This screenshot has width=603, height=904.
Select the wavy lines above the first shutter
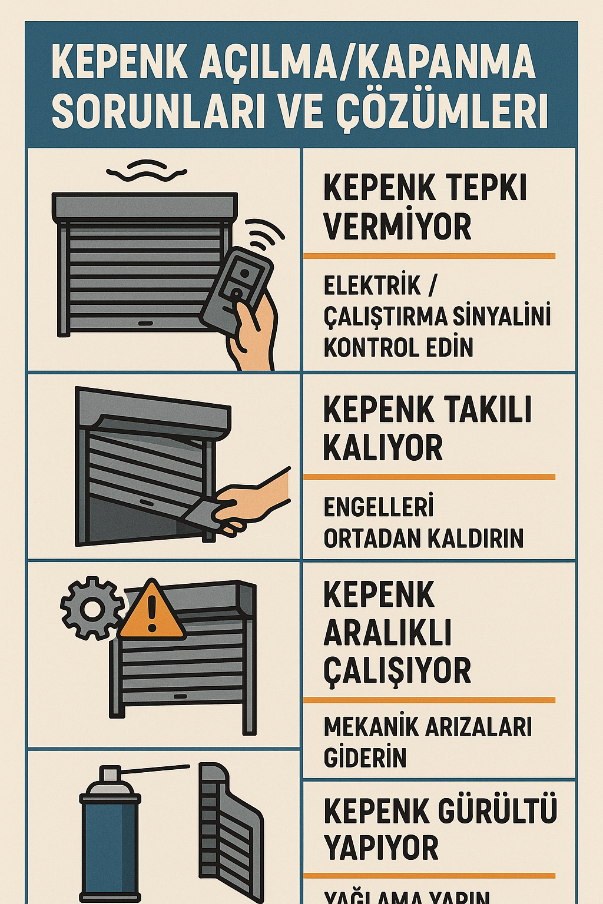(x=147, y=170)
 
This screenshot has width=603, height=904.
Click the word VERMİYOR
(x=397, y=227)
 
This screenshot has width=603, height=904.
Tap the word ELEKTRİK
(x=372, y=286)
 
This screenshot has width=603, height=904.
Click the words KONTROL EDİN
(x=399, y=347)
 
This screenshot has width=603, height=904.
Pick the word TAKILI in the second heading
(x=486, y=410)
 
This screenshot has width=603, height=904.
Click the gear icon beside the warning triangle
(x=91, y=609)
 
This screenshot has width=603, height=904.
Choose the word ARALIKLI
(x=387, y=633)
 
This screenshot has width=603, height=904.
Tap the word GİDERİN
(x=365, y=758)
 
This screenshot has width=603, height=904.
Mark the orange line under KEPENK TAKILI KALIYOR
(x=429, y=477)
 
